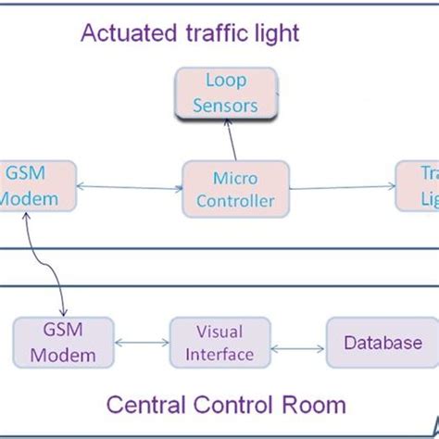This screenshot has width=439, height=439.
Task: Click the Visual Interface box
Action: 219,343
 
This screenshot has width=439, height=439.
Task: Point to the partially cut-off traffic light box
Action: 417,187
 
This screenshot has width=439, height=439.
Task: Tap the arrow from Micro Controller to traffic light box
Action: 332,188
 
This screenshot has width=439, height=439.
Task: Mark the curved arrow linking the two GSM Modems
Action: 51,264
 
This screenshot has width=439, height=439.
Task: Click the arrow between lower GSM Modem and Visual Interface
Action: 142,344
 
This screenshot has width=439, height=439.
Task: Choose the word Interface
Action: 219,353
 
